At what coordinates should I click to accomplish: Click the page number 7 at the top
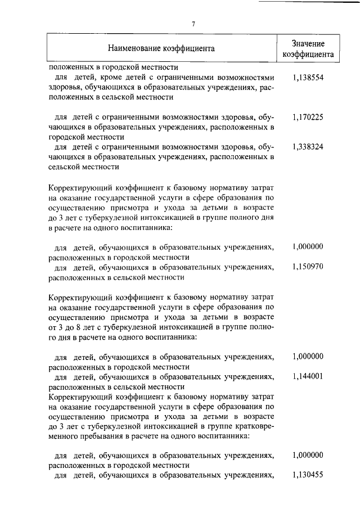click(x=193, y=24)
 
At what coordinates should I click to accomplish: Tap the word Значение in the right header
click(x=308, y=43)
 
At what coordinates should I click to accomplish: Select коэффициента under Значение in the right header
click(x=308, y=55)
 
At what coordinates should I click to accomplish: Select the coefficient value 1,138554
click(x=308, y=77)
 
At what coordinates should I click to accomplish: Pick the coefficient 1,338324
click(x=308, y=147)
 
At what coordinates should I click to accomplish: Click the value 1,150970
click(x=308, y=266)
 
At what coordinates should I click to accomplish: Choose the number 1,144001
click(x=308, y=376)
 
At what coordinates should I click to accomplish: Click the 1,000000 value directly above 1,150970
click(x=308, y=246)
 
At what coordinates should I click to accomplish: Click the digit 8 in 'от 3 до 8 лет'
click(x=88, y=327)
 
